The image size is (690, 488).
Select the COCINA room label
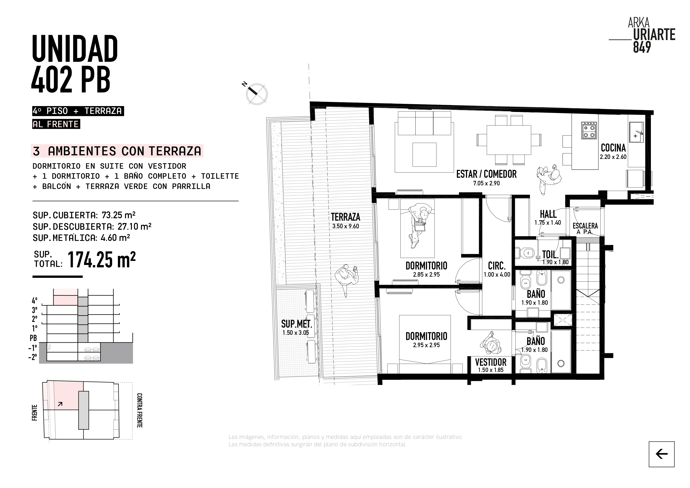(613, 148)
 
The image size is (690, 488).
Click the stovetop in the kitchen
(589, 131)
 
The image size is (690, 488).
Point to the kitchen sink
(636, 132)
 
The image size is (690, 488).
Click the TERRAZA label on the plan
(346, 217)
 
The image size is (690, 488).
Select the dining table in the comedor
(509, 140)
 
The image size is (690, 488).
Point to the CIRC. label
(497, 266)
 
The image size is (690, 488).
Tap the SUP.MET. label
(297, 324)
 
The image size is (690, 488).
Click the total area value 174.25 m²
(101, 260)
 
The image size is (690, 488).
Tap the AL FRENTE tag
(56, 124)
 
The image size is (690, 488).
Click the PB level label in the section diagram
(33, 338)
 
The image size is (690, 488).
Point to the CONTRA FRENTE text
(139, 410)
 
